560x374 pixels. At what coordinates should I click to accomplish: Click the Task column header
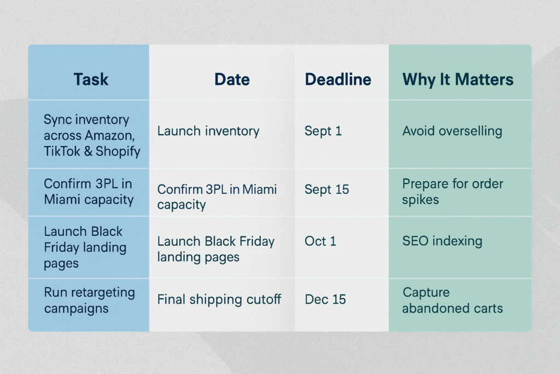click(91, 79)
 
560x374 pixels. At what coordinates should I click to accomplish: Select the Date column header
click(232, 79)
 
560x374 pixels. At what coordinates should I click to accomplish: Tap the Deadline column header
click(338, 79)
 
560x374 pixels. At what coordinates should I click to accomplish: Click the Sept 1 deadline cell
click(323, 131)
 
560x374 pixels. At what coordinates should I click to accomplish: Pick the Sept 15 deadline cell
click(326, 189)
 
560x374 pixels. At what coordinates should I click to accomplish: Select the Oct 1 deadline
click(320, 241)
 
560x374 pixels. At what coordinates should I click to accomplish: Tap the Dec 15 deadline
click(325, 300)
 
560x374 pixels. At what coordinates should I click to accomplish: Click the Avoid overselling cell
click(452, 131)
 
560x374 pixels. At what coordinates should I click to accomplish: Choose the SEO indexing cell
click(442, 241)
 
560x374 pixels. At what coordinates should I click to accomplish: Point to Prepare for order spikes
click(452, 192)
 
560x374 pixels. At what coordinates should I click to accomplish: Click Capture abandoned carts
click(452, 300)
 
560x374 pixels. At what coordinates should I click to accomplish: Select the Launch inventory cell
click(208, 131)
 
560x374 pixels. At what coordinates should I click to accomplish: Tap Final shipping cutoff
click(219, 300)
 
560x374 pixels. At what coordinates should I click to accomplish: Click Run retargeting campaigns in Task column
click(89, 300)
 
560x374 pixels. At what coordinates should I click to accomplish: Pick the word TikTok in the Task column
click(62, 152)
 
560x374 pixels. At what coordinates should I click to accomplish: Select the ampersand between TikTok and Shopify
click(88, 152)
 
